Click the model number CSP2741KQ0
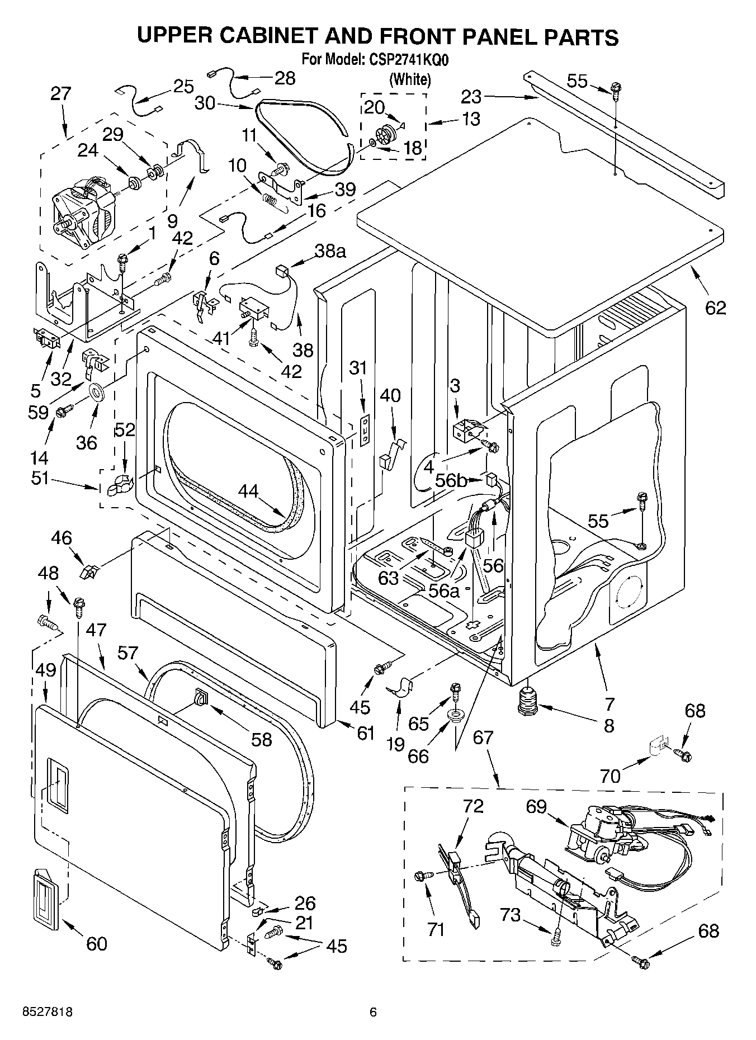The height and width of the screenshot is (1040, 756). coord(409,59)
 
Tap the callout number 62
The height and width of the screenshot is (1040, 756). coord(715,307)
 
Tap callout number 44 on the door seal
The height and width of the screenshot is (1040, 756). coord(248,491)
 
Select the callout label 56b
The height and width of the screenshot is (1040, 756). coord(451,480)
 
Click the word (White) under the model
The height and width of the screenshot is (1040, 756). coord(410,79)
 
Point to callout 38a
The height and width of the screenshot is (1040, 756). coord(329,251)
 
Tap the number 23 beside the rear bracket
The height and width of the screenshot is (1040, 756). coord(471,97)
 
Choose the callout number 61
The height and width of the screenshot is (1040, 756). coord(365,732)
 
